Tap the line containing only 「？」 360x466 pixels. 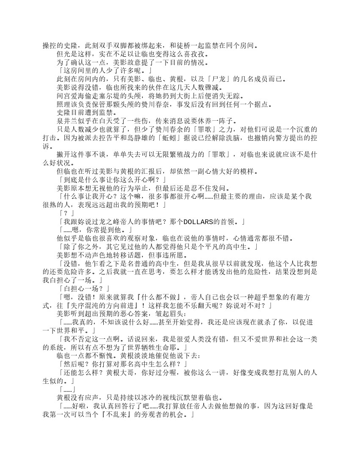(67, 213)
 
